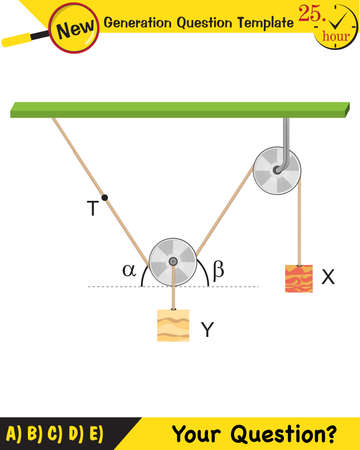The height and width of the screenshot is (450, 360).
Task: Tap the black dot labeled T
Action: click(104, 197)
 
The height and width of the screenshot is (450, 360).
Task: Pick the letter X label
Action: click(328, 277)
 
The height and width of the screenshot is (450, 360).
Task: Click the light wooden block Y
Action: click(173, 326)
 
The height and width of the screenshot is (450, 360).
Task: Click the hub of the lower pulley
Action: click(174, 262)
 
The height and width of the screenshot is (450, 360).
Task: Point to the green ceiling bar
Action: click(180, 108)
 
